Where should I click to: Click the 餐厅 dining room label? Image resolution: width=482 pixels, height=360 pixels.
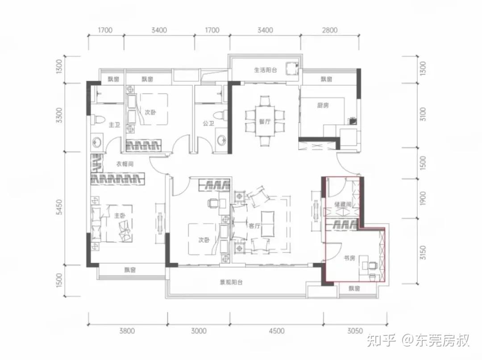265,122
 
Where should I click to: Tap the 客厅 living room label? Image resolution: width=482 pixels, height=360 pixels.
254,226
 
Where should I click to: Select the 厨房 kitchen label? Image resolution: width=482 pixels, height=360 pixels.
323,105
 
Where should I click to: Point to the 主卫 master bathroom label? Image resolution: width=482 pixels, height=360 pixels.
114,125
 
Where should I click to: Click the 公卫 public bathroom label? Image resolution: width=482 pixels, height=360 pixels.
208,124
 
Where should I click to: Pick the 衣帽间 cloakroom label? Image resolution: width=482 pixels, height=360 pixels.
125,164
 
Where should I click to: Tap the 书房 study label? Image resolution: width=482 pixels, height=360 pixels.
349,258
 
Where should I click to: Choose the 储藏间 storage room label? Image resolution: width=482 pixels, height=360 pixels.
343,204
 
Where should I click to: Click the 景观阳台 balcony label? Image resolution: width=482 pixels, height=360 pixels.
231,282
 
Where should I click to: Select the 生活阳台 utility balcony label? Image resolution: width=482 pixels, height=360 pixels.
266,70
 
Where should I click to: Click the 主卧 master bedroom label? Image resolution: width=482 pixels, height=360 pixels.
120,215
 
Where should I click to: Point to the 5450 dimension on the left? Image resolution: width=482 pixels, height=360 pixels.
59,207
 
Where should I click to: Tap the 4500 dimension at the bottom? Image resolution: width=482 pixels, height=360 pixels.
277,331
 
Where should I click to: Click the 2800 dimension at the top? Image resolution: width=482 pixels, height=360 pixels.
329,30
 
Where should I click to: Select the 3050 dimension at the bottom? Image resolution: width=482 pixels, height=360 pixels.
355,331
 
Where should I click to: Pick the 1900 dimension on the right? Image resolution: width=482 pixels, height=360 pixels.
423,199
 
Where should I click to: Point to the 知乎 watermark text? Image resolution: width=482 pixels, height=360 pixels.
382,340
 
